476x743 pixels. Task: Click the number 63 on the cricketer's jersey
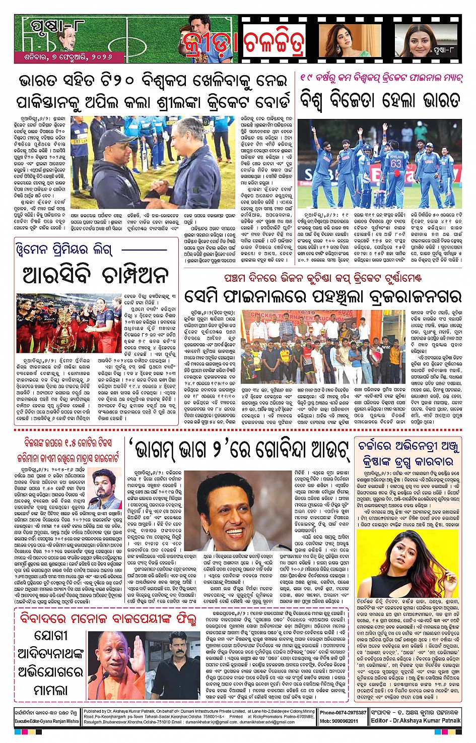click(x=396, y=164)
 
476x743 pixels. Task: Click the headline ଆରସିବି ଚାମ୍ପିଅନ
click(x=96, y=275)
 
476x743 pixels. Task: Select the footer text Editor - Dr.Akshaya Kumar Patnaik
click(x=416, y=721)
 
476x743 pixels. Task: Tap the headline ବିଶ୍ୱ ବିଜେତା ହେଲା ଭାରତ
click(x=380, y=100)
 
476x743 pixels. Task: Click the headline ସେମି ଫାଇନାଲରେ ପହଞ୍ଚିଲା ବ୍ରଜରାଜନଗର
click(x=322, y=296)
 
